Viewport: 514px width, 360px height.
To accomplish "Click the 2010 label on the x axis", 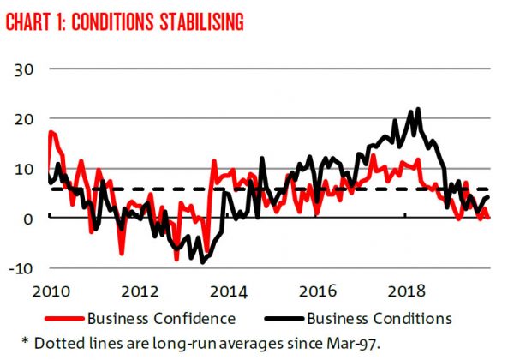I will [x=49, y=288].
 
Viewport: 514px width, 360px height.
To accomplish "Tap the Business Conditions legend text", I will [x=379, y=318].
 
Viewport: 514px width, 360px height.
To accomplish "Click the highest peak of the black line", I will [x=418, y=109].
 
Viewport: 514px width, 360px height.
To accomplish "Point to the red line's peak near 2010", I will [x=51, y=131].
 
